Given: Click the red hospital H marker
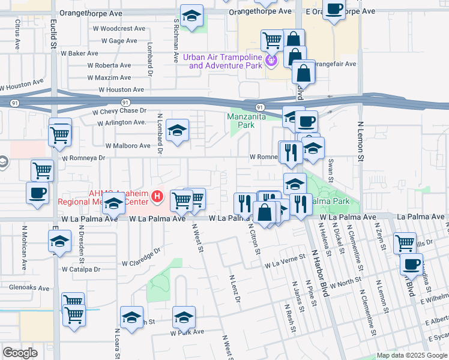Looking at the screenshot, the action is (x=157, y=196).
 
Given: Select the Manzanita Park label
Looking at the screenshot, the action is (x=247, y=121).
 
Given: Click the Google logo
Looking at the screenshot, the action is (x=20, y=352).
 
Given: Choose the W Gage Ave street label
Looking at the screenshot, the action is (x=119, y=41).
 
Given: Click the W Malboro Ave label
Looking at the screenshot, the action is (x=128, y=146).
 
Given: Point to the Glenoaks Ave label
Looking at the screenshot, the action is (x=29, y=288).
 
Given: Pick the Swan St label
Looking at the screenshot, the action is (x=331, y=172).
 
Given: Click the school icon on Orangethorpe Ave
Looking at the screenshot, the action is (x=192, y=16).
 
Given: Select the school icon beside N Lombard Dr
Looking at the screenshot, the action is (x=177, y=131).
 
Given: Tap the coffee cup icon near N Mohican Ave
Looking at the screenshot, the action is (x=38, y=193).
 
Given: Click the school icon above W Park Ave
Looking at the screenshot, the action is (x=184, y=317).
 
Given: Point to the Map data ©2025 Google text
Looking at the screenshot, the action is (x=411, y=355).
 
